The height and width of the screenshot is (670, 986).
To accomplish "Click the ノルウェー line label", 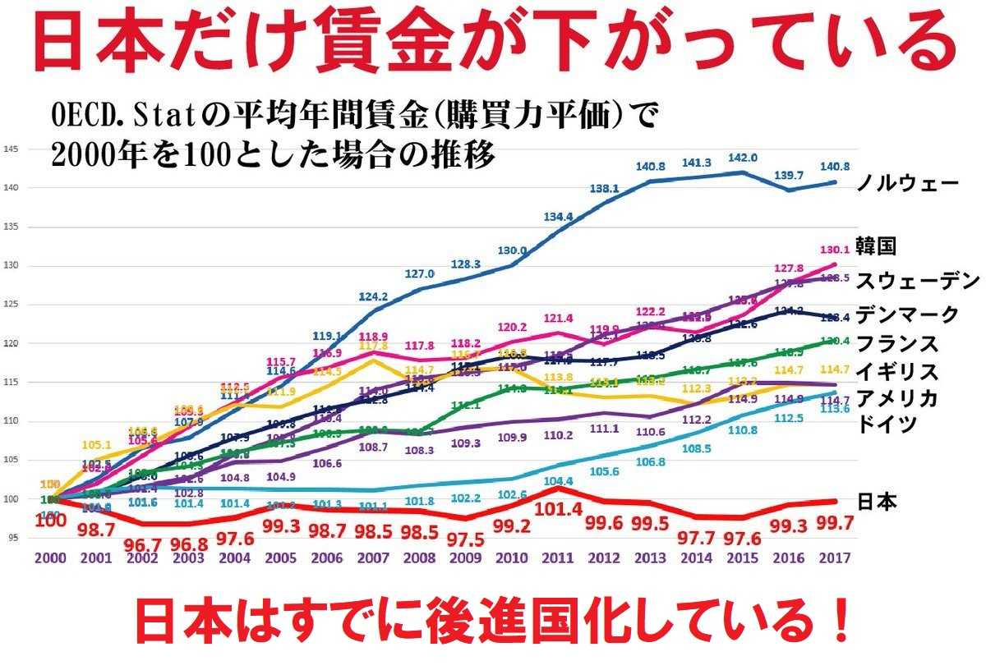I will (907, 183).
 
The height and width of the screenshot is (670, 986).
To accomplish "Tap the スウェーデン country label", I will (919, 281).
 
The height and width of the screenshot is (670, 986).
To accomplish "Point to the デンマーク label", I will (907, 314).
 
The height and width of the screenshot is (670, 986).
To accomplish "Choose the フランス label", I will (896, 342).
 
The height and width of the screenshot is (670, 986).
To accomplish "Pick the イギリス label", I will (896, 371).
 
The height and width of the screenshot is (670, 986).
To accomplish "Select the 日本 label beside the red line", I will (877, 501).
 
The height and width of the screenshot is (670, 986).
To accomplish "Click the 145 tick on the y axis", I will (11, 149).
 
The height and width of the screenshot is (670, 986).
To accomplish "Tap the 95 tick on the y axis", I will (12, 538).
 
